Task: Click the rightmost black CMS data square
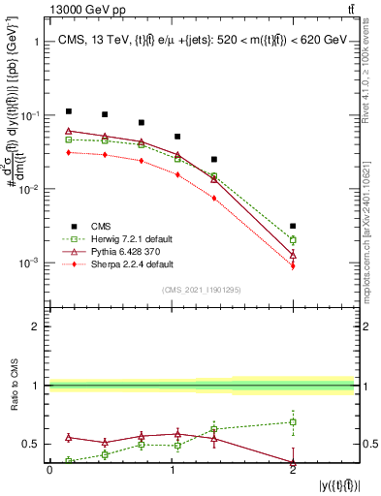(293, 226)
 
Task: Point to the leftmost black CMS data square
(69, 111)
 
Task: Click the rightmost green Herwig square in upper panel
(293, 239)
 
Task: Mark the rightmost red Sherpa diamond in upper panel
(293, 265)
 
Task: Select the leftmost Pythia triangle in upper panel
(69, 131)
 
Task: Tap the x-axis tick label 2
(293, 469)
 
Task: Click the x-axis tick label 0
(49, 469)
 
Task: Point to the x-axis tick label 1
(172, 469)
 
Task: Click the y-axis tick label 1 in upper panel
(36, 42)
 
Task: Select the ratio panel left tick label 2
(35, 326)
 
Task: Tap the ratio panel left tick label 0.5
(31, 444)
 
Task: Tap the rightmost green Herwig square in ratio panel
(293, 422)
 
